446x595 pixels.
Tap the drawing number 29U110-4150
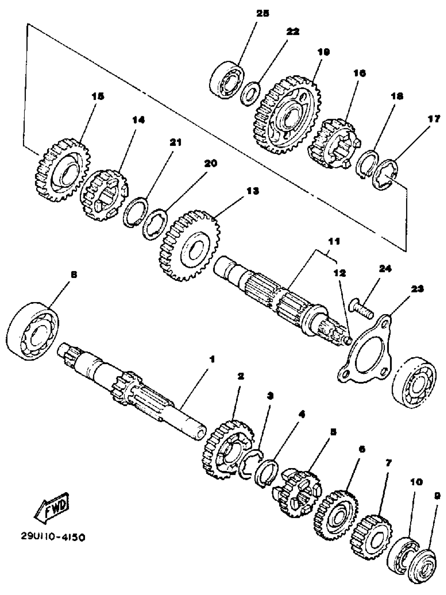(x=53, y=537)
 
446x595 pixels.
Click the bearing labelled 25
(x=226, y=80)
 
